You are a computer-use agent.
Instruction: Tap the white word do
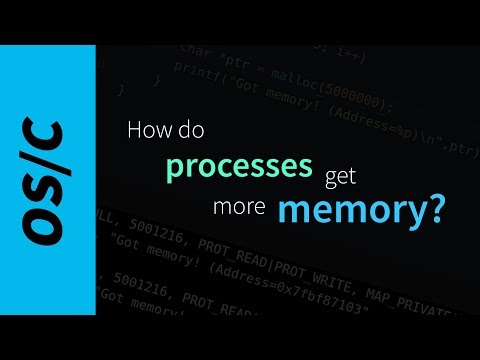[188, 130]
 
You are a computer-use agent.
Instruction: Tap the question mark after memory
[432, 209]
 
